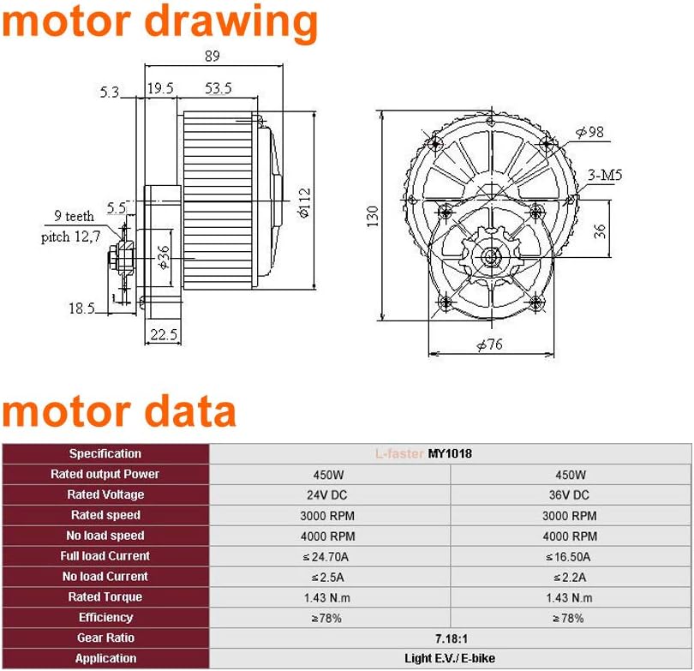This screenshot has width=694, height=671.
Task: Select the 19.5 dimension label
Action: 159,89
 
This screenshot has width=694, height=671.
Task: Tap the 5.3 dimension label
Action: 110,92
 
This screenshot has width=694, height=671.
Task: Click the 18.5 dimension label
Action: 83,308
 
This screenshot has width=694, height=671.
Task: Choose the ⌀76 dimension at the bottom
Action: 488,344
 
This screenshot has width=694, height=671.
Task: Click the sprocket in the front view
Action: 488,255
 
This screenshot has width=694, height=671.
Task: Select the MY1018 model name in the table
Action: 449,453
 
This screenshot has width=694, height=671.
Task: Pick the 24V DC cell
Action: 329,494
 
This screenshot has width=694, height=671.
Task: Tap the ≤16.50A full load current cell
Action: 570,556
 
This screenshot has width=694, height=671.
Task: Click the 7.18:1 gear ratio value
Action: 450,638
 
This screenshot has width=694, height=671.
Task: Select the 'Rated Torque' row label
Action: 105,596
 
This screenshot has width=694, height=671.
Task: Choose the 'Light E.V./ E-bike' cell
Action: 450,658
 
